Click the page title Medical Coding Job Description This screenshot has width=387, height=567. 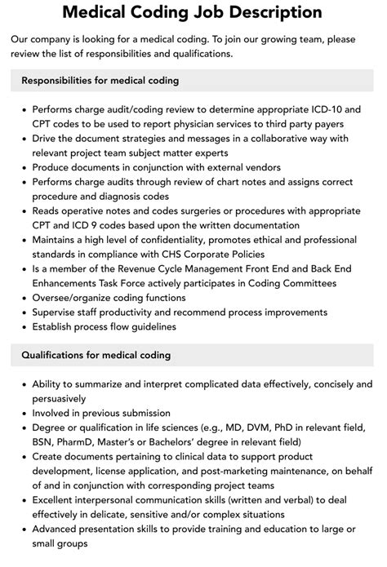coord(193,13)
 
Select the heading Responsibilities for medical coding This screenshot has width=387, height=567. coord(100,81)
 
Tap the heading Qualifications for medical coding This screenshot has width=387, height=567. coord(96,355)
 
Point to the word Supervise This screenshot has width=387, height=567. coord(57,312)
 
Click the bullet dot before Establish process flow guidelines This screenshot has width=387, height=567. coord(22,327)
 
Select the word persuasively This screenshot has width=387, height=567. coord(59,399)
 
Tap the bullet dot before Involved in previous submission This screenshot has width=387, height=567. coord(22,414)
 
